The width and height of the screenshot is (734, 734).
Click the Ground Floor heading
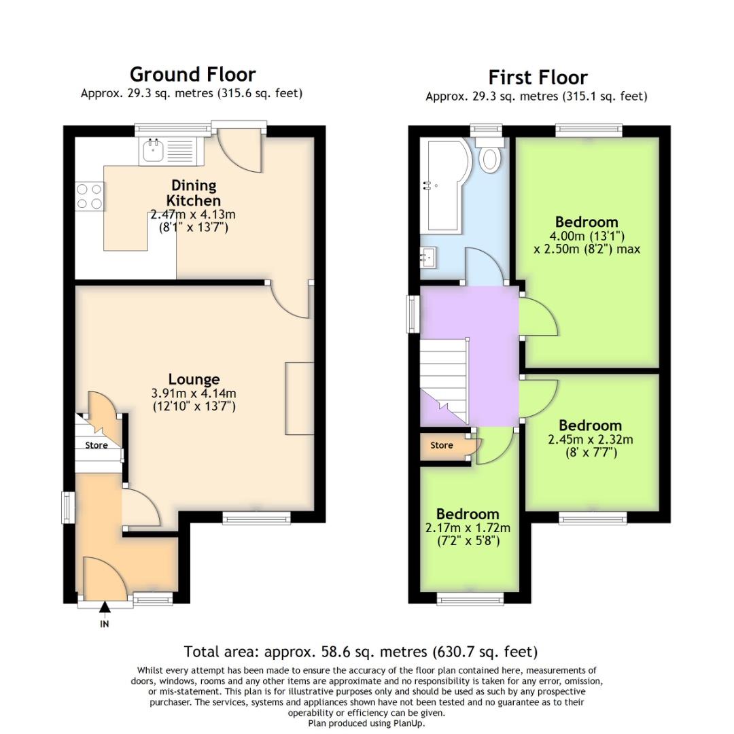pyautogui.click(x=192, y=74)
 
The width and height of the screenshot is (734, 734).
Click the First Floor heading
pyautogui.click(x=538, y=77)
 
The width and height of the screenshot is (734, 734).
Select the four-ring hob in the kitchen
pyautogui.click(x=89, y=196)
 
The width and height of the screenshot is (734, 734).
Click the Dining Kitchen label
pyautogui.click(x=194, y=193)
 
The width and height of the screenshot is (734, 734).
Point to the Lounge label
pyautogui.click(x=194, y=379)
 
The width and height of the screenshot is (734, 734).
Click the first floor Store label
pyautogui.click(x=442, y=446)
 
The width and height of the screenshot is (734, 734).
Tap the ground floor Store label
pyautogui.click(x=96, y=446)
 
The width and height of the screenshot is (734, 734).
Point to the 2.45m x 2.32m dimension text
pyautogui.click(x=590, y=440)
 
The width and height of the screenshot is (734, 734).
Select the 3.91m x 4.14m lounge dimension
pyautogui.click(x=194, y=394)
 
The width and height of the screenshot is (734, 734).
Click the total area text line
pyautogui.click(x=361, y=652)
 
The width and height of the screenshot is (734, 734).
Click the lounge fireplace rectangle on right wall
pyautogui.click(x=300, y=398)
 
